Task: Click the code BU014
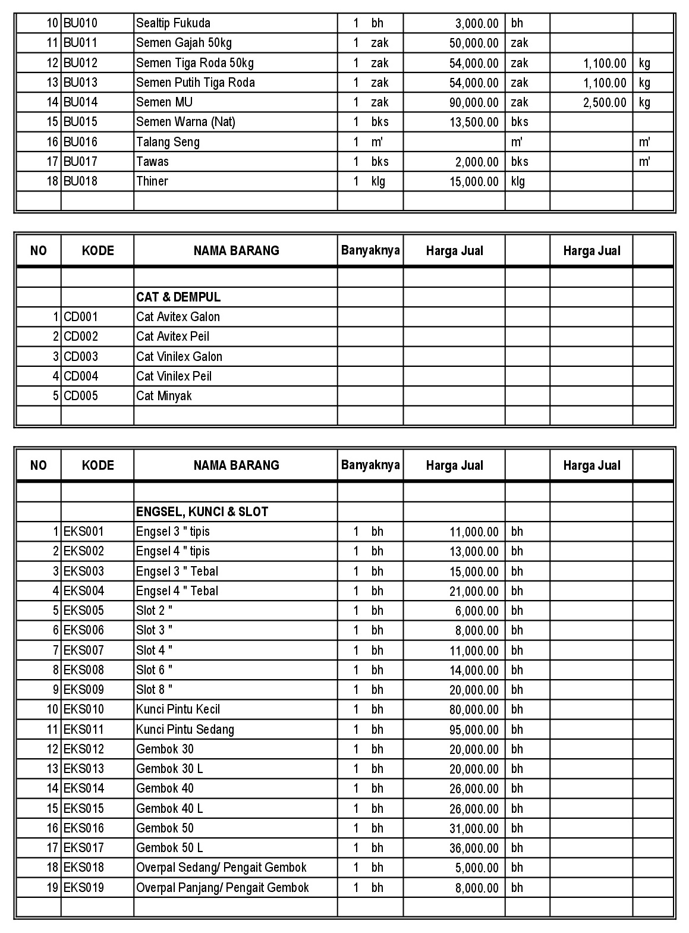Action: pos(80,102)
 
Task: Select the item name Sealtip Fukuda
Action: pos(173,23)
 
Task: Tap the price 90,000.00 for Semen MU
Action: pos(474,103)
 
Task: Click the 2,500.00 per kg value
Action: pos(605,103)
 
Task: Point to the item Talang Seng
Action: pos(168,142)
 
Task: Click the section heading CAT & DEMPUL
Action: pos(178,297)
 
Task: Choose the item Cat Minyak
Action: pos(164,396)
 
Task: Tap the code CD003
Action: pos(81,357)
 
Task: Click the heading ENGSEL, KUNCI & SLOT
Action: pos(202,512)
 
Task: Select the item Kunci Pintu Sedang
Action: pos(185,730)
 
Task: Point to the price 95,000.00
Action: pos(474,730)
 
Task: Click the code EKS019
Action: pos(84,888)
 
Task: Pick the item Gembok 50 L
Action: pos(169,848)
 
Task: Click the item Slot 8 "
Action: pos(155,690)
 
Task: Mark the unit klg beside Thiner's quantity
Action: pos(378,181)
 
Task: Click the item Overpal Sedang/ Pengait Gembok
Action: pos(221,868)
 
